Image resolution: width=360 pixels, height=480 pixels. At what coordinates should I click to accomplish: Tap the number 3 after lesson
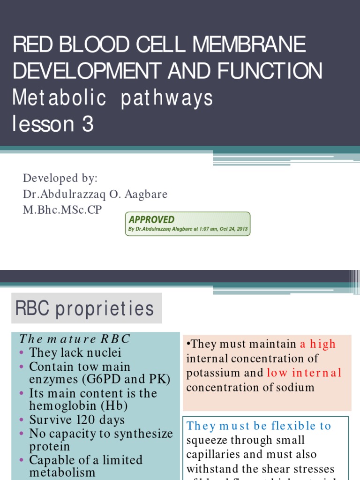87,125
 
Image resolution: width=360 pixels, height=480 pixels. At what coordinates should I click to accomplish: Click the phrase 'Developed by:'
60,179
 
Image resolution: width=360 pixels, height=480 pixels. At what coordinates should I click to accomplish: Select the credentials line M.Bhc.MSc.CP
62,210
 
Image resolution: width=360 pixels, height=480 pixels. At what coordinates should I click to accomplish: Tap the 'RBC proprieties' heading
85,308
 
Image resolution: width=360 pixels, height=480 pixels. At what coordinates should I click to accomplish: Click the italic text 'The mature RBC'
75,339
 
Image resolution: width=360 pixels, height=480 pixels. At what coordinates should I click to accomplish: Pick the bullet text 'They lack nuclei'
75,352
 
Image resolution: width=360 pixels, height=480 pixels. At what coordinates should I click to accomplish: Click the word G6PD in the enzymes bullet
92,379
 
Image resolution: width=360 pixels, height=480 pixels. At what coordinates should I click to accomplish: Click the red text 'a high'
318,344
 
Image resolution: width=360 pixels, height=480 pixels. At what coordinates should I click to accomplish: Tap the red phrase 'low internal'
304,373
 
